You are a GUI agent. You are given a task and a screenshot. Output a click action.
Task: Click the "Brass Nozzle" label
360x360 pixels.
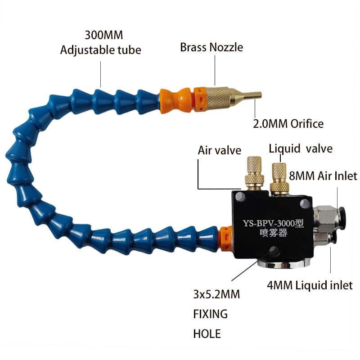[x=211, y=48]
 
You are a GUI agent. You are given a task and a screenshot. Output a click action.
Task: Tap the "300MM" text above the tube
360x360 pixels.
[x=104, y=35]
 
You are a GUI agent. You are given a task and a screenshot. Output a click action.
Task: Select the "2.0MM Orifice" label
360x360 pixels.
[x=288, y=124]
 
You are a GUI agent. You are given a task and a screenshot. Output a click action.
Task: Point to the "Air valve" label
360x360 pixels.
[x=220, y=151]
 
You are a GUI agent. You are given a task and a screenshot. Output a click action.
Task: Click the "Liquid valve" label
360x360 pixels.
[x=301, y=148]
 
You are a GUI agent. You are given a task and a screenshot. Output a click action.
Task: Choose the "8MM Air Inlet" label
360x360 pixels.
[x=323, y=176]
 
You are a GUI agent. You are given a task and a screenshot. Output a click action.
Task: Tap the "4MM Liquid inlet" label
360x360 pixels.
[x=310, y=285]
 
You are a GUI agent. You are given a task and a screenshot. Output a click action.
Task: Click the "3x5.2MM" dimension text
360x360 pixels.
[x=216, y=294]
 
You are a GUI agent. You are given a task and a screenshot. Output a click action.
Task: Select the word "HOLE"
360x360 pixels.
[x=207, y=334]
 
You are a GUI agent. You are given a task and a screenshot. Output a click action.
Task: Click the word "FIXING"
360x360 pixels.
[x=211, y=314]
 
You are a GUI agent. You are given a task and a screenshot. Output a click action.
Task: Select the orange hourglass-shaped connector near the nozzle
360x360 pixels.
[x=175, y=100]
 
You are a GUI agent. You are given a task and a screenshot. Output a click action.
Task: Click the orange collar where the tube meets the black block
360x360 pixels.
[x=226, y=239]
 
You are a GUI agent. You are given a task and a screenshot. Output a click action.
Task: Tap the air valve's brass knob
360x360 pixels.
[x=254, y=173]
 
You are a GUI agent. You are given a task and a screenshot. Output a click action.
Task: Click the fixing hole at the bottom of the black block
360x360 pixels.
[x=274, y=251]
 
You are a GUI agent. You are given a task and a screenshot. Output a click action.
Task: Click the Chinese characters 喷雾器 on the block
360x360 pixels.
[x=274, y=233]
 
